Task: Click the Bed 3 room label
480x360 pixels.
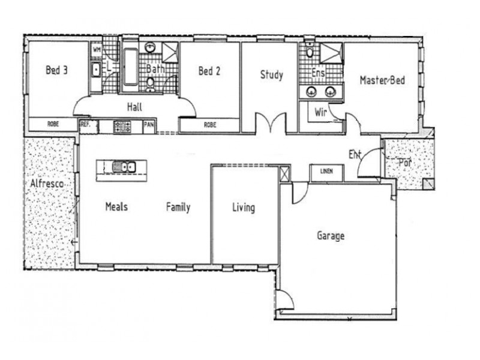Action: (x=56, y=70)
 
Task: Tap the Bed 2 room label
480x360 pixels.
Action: (x=209, y=71)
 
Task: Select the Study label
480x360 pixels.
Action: (x=271, y=75)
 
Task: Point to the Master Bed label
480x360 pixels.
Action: (x=383, y=80)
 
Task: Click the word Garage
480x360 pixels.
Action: (x=331, y=236)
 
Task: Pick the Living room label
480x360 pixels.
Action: (x=244, y=208)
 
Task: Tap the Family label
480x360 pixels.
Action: (x=178, y=207)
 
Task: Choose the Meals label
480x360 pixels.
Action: (x=116, y=206)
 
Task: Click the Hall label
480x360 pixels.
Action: (x=134, y=108)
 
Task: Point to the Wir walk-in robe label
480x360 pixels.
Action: (x=320, y=112)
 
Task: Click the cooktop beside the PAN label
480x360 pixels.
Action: (x=122, y=126)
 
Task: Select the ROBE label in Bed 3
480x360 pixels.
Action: (x=53, y=125)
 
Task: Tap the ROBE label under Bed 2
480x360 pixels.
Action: (x=209, y=125)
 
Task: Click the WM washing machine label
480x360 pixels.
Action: (x=97, y=50)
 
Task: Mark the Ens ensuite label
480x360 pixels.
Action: (x=319, y=73)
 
